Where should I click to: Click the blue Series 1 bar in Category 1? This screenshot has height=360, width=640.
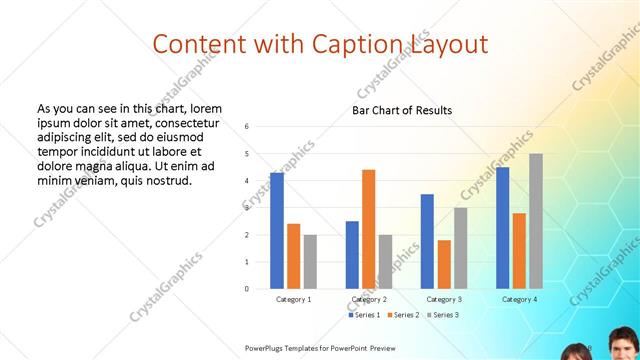[x=277, y=231]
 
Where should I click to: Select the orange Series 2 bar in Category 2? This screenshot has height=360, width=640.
[x=368, y=229]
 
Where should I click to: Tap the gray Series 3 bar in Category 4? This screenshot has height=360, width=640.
[x=536, y=221]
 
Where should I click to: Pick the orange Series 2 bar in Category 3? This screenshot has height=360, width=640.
[x=444, y=264]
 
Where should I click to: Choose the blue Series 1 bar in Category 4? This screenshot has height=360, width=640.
[x=502, y=228]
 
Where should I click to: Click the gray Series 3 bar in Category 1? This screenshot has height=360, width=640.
[x=310, y=262]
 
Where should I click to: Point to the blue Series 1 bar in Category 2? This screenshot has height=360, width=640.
[x=352, y=255]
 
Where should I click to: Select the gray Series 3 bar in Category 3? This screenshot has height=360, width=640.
[x=460, y=248]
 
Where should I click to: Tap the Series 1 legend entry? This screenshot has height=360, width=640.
[x=365, y=315]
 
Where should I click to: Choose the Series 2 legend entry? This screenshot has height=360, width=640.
[x=403, y=315]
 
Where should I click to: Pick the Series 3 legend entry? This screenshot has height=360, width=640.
[x=441, y=315]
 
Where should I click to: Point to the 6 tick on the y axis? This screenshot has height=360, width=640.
[x=247, y=127]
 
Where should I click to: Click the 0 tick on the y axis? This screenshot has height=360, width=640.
[x=247, y=289]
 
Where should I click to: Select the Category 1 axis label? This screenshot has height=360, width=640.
[x=293, y=299]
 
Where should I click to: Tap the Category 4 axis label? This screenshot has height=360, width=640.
[x=519, y=299]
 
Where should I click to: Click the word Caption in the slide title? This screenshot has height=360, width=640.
[x=346, y=44]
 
